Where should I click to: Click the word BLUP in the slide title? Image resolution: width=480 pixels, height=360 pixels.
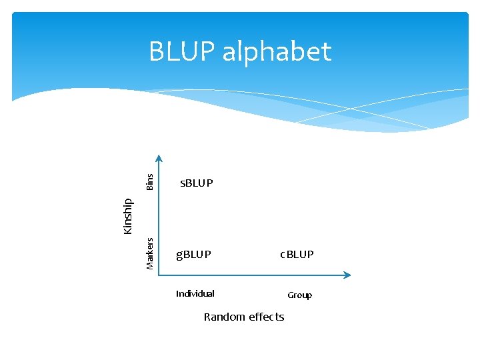coord(181,51)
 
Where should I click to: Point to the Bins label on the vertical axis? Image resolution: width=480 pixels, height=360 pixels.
coord(150,181)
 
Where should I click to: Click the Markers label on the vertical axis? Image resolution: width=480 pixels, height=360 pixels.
coord(150,253)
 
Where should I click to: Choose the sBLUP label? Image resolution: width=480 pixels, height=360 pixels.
coord(197,183)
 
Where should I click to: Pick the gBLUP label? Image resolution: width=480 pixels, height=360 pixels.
coord(193,255)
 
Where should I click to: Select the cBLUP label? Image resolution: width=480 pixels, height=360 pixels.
coord(297,255)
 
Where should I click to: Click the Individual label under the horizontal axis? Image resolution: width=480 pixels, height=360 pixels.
coord(195,293)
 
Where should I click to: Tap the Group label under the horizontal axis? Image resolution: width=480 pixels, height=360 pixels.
coord(299,295)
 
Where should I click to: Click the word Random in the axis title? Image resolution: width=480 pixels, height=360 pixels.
coord(224,317)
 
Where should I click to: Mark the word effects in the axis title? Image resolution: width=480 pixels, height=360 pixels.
coord(266,317)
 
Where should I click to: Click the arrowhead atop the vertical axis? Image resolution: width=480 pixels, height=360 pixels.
coord(159,159)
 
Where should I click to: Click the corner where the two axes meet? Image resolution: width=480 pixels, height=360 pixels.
coord(159,275)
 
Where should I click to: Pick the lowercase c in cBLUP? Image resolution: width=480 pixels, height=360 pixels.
coord(283,255)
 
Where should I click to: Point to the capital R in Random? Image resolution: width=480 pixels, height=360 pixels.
coord(207,317)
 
